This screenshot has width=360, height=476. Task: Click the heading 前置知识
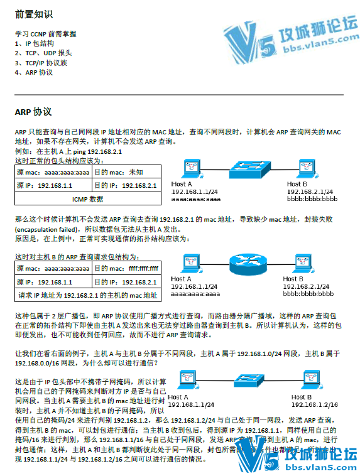34,13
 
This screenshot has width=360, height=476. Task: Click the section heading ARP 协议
33,112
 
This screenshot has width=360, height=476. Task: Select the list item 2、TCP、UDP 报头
43,53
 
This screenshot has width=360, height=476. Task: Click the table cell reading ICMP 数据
87,199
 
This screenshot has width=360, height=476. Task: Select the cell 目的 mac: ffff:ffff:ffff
126,269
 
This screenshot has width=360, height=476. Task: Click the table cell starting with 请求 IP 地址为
87,295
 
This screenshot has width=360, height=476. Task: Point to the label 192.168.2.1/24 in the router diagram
308,286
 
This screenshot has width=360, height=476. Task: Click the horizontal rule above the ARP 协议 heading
180,95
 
